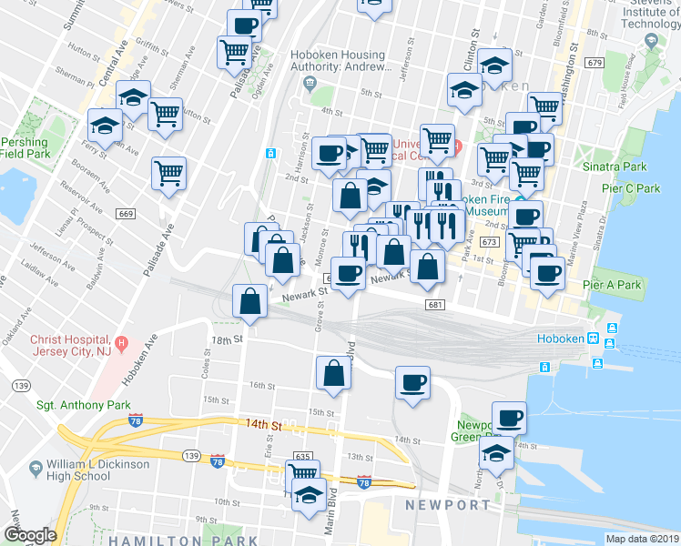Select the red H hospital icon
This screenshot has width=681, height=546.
tap(124, 344)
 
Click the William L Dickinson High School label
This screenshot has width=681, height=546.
tap(92, 470)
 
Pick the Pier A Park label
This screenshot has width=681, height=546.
tap(616, 285)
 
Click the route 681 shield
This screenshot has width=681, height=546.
tap(434, 305)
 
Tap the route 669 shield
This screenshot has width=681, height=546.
tap(126, 214)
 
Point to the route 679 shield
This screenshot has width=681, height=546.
tap(595, 63)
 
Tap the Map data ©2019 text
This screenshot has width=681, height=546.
tap(642, 539)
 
